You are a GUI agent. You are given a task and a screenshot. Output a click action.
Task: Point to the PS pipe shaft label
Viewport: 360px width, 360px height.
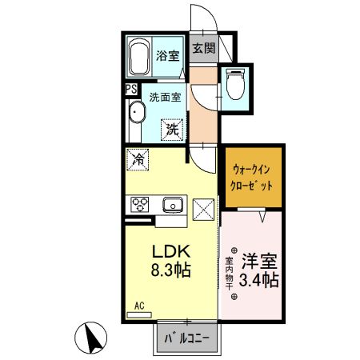click(130, 90)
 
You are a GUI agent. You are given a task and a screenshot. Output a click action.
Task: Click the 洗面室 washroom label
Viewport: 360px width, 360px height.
click(165, 98)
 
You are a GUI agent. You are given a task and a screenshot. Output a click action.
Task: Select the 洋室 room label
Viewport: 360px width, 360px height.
click(262, 262)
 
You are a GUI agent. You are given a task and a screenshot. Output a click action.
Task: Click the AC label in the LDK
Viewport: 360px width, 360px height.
click(139, 305)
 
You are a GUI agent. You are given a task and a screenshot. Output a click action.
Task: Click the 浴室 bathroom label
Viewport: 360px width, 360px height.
click(167, 56)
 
